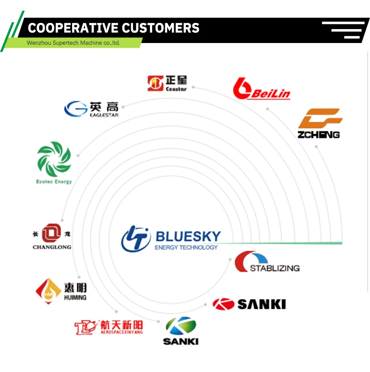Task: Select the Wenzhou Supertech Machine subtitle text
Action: (74, 43)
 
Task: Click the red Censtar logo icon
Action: (155, 84)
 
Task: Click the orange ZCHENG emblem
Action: (320, 118)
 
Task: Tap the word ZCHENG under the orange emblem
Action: (319, 135)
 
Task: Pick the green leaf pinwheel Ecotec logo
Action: (54, 159)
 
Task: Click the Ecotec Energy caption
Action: (54, 182)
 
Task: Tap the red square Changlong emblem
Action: (52, 233)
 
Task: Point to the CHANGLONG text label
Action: (52, 247)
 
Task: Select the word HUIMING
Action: (74, 298)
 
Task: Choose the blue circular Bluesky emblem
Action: (135, 239)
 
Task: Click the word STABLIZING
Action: (274, 268)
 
